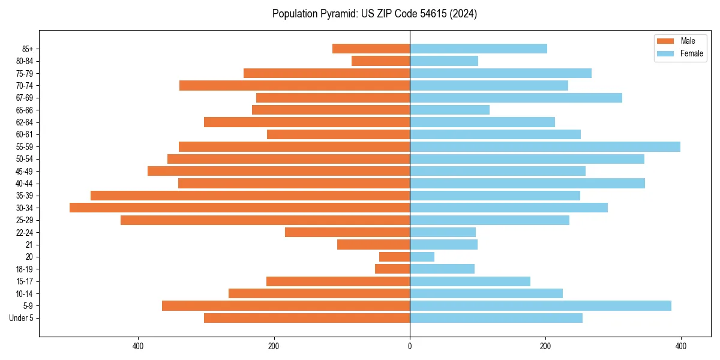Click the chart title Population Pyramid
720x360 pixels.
point(374,14)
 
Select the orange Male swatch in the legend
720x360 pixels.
point(666,41)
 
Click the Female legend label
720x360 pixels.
point(691,53)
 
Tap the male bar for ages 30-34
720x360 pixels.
point(239,208)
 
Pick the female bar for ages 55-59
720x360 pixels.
point(545,146)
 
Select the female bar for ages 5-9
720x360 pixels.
point(540,305)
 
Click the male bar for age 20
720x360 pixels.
point(394,257)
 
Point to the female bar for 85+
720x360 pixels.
point(478,49)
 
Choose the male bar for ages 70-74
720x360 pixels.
point(295,85)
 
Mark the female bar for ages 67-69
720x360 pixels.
point(516,98)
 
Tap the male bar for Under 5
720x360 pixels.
point(307,318)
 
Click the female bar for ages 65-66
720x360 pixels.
point(449,110)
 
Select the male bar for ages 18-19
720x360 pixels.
point(392,269)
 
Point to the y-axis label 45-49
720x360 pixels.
point(25,171)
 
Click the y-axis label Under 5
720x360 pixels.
point(22,318)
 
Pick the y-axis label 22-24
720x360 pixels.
point(25,232)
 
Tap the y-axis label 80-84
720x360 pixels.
point(25,61)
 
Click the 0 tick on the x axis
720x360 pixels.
point(410,346)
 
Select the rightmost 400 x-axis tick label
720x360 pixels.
point(680,346)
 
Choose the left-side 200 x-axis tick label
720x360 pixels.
point(274,346)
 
